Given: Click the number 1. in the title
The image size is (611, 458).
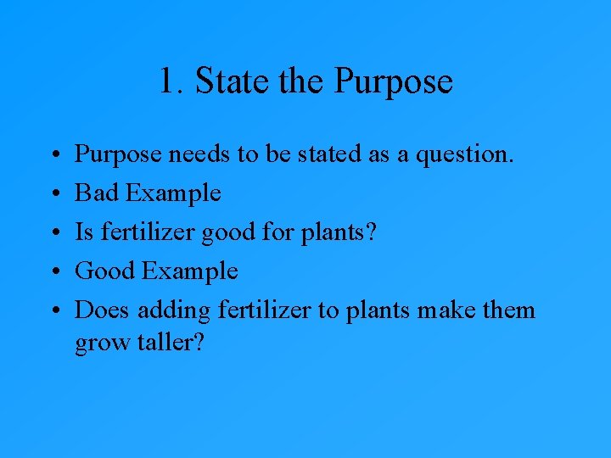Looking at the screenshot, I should (171, 82).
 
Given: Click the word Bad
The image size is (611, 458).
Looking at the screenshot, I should (98, 193).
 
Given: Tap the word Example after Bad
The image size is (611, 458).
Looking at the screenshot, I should (173, 193).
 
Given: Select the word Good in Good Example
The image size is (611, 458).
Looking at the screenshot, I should (106, 271).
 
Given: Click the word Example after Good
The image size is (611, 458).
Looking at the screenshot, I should (190, 271).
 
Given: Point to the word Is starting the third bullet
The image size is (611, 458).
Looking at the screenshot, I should (84, 232).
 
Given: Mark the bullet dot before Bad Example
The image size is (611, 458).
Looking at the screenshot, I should (54, 194).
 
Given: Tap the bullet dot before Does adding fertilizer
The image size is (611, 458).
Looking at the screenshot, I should (54, 311).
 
